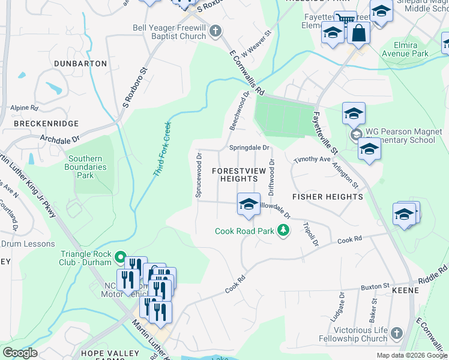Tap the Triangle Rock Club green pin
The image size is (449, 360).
[x=120, y=258]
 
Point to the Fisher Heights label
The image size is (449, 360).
[x=327, y=197]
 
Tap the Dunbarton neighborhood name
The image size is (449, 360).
[x=80, y=63]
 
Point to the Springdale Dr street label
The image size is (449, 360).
[x=249, y=148]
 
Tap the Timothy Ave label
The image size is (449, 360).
[x=312, y=160]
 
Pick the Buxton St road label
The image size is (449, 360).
[x=375, y=287]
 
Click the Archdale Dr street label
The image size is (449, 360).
[x=59, y=138]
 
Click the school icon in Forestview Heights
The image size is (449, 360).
[x=248, y=205]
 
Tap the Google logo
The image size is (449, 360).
[x=20, y=353]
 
